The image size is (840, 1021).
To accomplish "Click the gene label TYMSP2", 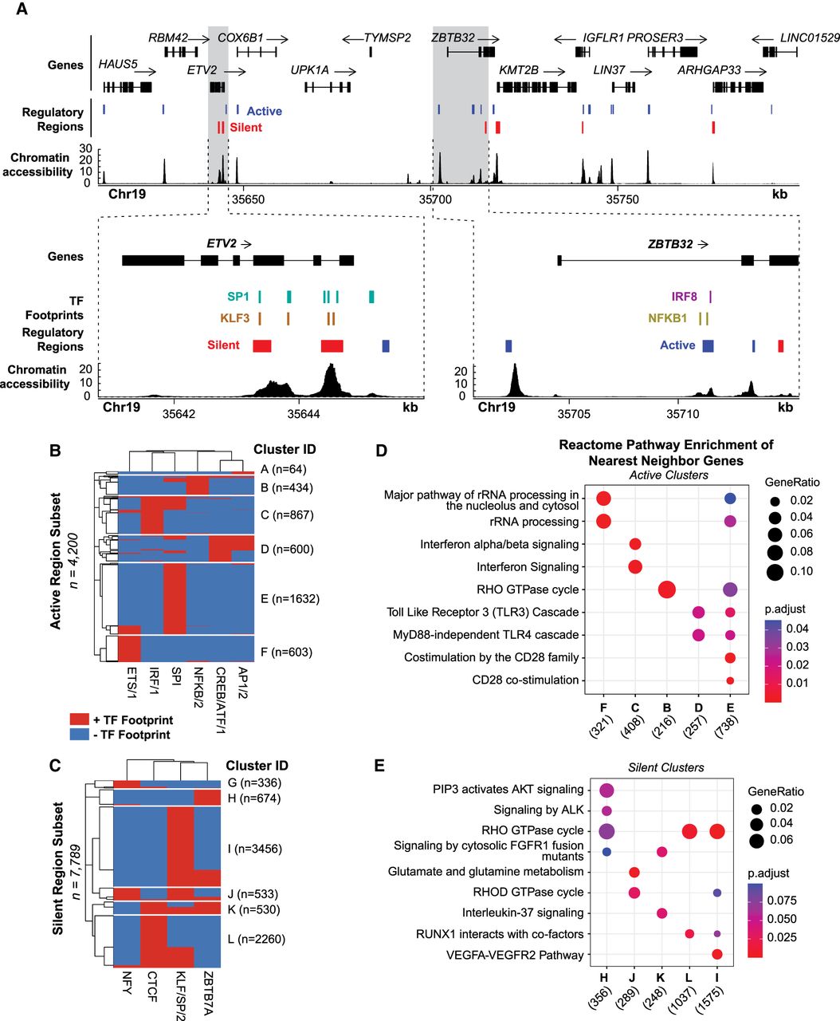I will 388,38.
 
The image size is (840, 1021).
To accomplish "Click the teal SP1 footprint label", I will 238,297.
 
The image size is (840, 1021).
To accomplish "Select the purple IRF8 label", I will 684,297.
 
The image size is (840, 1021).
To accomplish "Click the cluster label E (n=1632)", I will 289,598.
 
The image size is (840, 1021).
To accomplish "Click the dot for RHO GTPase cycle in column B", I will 667,589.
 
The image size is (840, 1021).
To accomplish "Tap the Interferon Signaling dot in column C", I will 635,567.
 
